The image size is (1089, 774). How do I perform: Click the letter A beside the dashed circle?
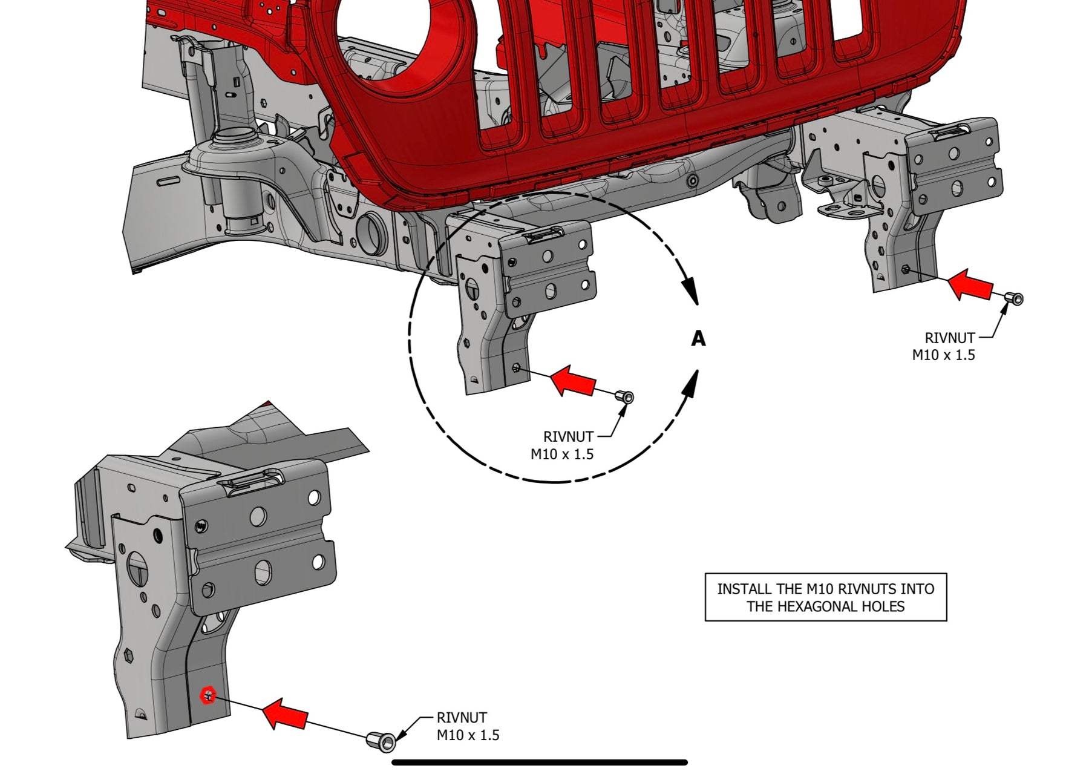(x=698, y=339)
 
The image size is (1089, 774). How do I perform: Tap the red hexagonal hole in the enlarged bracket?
(x=208, y=695)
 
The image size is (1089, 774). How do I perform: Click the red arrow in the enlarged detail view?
(x=285, y=714)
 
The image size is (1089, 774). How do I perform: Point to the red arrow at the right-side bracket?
(x=970, y=284)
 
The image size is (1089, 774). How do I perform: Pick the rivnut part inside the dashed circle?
(x=624, y=397)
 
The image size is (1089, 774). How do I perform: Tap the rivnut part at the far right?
(x=1013, y=298)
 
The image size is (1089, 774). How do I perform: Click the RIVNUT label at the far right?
(x=950, y=338)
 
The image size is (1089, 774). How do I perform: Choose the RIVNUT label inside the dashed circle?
(x=568, y=436)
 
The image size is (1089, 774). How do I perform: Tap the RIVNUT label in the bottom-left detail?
(x=462, y=718)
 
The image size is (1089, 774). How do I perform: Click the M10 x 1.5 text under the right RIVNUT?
(x=943, y=355)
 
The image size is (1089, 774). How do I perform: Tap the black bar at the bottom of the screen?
(x=540, y=763)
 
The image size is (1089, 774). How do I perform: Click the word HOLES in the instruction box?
(x=886, y=606)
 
